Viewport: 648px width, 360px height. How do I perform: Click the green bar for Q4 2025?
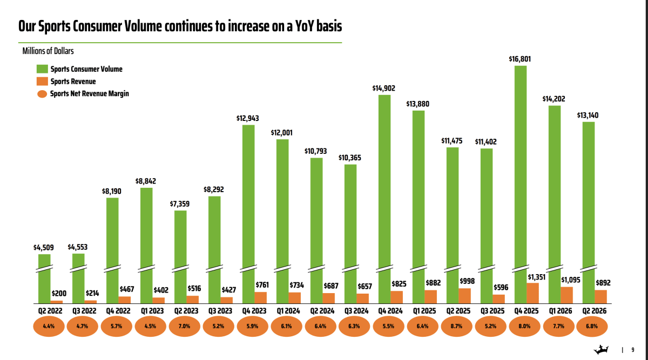[x=521, y=185]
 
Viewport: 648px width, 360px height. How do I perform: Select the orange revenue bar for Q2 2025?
[x=464, y=296]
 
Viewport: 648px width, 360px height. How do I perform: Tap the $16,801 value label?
[x=520, y=59]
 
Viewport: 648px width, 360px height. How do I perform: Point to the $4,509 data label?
[x=43, y=248]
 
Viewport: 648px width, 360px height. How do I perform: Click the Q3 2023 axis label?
[x=220, y=311]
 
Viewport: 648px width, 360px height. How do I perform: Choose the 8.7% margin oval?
[x=456, y=326]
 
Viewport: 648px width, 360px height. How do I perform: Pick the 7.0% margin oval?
[x=184, y=326]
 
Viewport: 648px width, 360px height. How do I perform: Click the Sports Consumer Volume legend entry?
[x=79, y=69]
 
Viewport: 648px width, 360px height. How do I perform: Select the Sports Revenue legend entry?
[x=66, y=81]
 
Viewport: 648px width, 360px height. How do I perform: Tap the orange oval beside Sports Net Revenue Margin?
[x=42, y=94]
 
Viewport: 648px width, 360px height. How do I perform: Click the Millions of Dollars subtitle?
[x=48, y=51]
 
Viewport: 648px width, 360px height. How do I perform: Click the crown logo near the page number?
[x=601, y=350]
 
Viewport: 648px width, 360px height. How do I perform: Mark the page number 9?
[x=633, y=350]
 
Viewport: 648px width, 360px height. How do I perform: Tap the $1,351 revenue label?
[x=537, y=277]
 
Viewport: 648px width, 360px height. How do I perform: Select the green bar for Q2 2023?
[x=180, y=257]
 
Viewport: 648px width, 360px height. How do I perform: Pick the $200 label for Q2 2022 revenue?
[x=59, y=294]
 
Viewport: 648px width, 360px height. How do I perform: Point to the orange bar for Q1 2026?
[x=566, y=295]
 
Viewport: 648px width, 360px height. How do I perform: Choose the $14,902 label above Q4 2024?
[x=383, y=88]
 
